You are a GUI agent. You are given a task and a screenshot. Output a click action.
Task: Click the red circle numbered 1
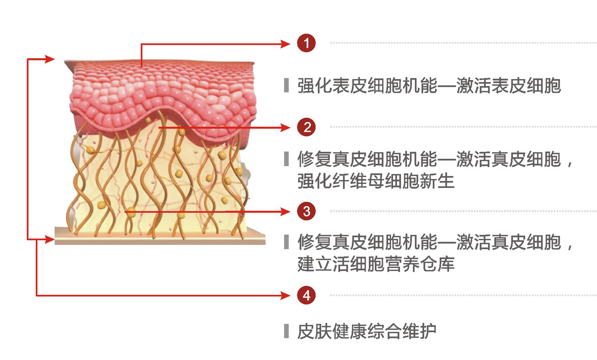[x=306, y=43]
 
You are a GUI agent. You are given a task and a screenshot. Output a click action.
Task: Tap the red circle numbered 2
[x=306, y=127]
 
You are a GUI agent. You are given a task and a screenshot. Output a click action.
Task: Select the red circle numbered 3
[x=306, y=211]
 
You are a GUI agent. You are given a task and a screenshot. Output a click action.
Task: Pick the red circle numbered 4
[x=306, y=295]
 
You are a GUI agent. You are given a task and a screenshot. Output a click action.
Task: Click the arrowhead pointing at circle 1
[x=286, y=43]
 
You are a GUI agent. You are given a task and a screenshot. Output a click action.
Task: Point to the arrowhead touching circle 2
[x=286, y=127]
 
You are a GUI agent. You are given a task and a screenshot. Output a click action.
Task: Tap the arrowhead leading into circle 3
[x=286, y=211]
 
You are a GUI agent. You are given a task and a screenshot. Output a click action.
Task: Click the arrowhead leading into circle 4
[x=286, y=295]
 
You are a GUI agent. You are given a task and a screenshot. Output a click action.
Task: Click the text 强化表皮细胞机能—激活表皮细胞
[x=429, y=86]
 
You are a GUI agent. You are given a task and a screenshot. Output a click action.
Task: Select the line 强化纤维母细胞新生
[x=376, y=181]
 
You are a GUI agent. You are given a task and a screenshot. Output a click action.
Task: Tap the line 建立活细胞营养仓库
[x=376, y=264]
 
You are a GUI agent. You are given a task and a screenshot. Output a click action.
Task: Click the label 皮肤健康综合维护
[x=367, y=331]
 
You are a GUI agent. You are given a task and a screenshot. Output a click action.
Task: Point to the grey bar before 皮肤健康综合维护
[x=286, y=331]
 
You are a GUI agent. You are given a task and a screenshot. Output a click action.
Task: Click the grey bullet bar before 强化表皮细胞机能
[x=286, y=86]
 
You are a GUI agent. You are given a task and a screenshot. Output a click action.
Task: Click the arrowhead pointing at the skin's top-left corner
[x=49, y=59]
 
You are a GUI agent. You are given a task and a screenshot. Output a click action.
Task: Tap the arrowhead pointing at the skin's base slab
[x=49, y=240]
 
